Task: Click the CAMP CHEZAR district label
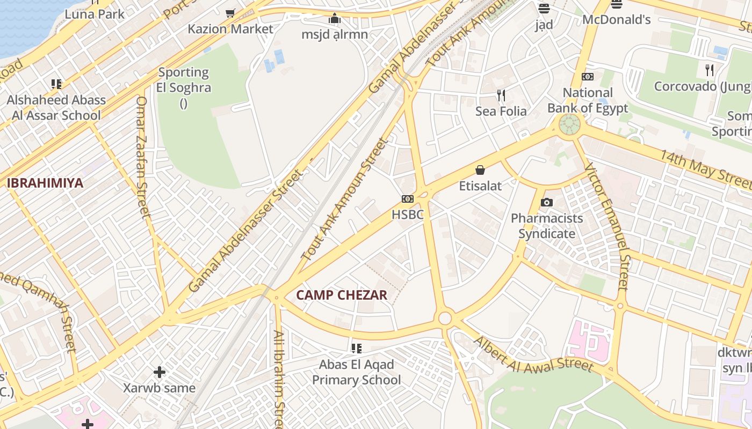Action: (342, 295)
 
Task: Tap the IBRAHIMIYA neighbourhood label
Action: (45, 183)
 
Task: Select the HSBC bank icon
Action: (408, 199)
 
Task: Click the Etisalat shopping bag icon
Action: (480, 170)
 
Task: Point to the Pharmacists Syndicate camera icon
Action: (547, 202)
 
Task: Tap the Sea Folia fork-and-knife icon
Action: (501, 95)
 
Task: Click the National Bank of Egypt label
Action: (588, 100)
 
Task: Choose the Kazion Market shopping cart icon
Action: (230, 13)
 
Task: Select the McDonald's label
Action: (617, 20)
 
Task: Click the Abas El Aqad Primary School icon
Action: (356, 349)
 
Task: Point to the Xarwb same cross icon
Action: (160, 372)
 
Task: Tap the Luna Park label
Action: (95, 14)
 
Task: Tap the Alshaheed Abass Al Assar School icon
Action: (56, 84)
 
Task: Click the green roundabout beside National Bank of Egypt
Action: (569, 124)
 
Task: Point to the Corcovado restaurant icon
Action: (710, 70)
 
